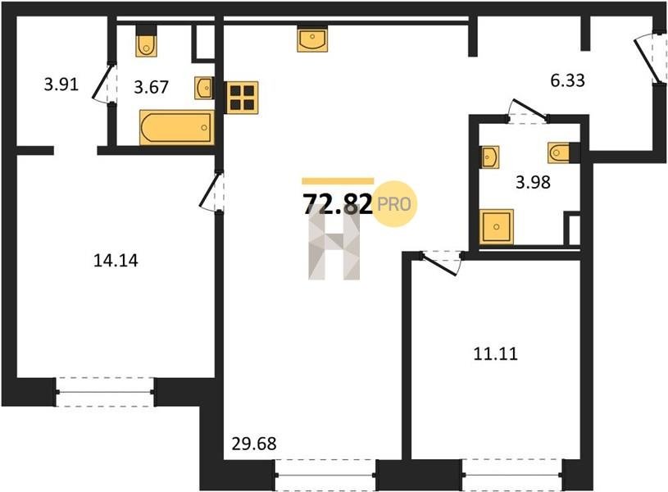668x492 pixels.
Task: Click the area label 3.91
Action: [61, 84]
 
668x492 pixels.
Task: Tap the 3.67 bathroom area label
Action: [152, 88]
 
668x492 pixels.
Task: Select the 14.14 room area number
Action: [116, 260]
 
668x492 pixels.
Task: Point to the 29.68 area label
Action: [254, 444]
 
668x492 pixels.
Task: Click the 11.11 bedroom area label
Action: [495, 354]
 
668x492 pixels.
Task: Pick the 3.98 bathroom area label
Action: [533, 183]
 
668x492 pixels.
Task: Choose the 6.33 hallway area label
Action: [567, 80]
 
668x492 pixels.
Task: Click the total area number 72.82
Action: [338, 205]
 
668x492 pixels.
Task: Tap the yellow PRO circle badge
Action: [394, 204]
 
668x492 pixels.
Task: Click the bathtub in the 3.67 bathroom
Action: [177, 127]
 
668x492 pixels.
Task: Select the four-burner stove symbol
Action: [242, 98]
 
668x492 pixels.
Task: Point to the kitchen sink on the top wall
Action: [312, 39]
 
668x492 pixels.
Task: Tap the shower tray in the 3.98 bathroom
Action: [497, 226]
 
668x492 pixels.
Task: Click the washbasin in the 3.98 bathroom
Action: [490, 157]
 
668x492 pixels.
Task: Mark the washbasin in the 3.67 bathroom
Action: [204, 88]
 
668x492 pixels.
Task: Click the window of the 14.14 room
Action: [105, 392]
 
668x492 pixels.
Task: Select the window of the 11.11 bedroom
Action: [512, 475]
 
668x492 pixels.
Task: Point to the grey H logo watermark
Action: [334, 242]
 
